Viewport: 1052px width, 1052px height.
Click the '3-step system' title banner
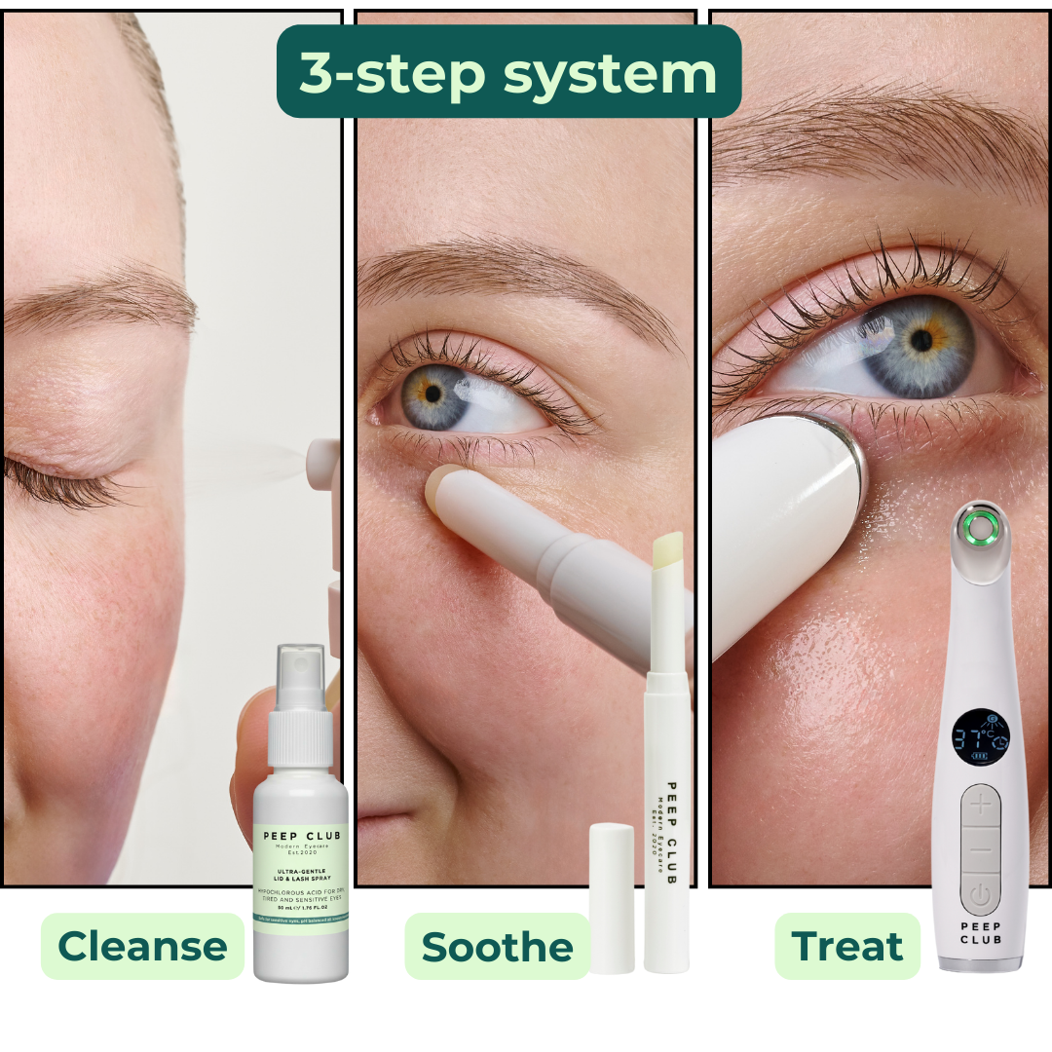(x=508, y=72)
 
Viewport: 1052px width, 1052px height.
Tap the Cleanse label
(x=142, y=946)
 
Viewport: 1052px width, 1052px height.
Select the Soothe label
(x=497, y=946)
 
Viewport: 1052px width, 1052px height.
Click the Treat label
(x=847, y=946)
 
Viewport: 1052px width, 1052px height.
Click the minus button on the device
(x=980, y=850)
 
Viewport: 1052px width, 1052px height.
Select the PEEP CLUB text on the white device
(x=980, y=932)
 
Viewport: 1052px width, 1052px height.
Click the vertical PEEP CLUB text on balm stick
(x=670, y=833)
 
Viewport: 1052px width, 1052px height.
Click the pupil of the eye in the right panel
(x=920, y=341)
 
